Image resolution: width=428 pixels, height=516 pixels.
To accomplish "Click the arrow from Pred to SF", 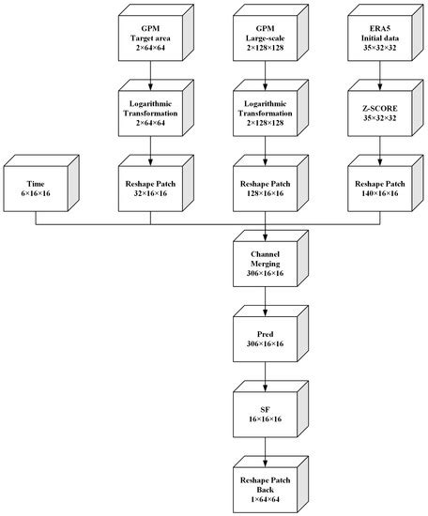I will [x=267, y=378].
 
